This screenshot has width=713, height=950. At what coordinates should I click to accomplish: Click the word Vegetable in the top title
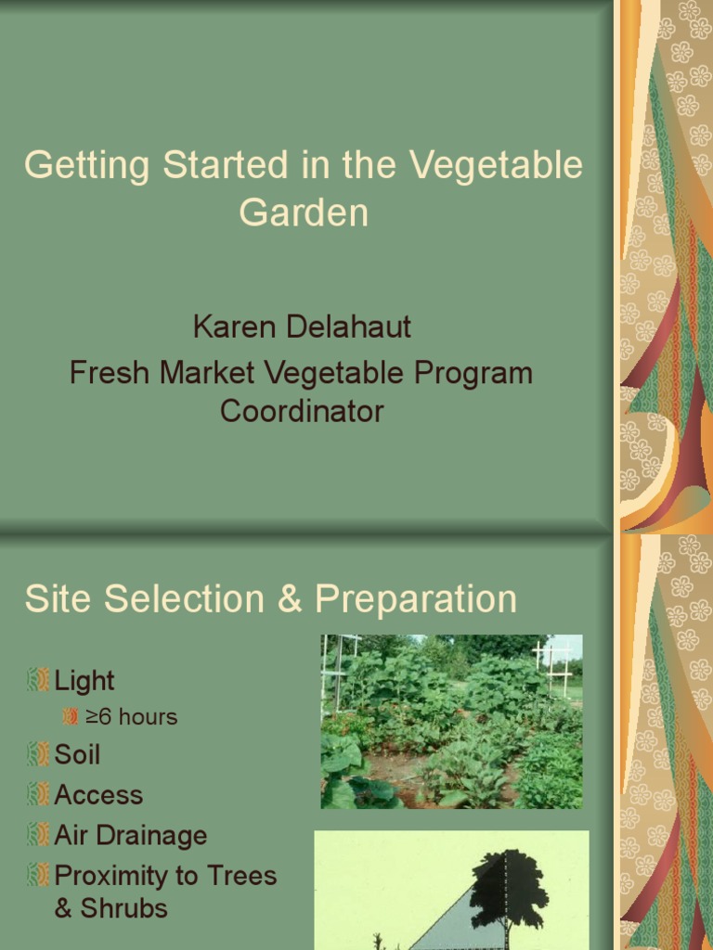pos(497,166)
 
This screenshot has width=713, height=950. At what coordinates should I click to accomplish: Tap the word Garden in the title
pos(304,212)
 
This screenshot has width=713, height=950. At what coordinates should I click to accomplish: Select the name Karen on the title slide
pos(231,327)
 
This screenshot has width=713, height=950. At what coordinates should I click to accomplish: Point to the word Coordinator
pos(302,410)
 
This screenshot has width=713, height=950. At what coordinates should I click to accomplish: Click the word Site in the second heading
pos(58,599)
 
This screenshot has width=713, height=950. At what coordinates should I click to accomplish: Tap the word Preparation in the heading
pos(416,599)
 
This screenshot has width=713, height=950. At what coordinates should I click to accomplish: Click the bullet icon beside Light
pos(38,680)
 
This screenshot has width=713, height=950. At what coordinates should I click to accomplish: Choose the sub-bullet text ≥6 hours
pos(131,717)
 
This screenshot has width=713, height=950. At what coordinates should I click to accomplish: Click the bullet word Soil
pos(77,754)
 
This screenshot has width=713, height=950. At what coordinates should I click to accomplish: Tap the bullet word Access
pos(98,795)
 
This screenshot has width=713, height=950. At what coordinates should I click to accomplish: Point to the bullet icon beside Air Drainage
pos(38,835)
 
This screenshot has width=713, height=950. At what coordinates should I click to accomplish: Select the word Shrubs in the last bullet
pos(123,907)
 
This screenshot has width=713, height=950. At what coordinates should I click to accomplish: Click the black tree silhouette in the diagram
pos(508,886)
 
